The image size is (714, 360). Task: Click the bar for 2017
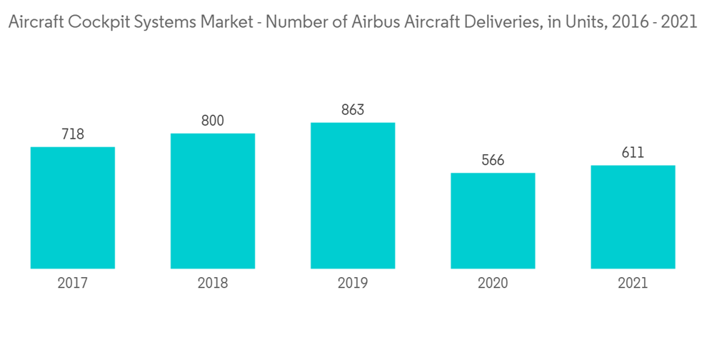coord(73,208)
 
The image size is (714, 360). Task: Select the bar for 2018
coord(213,201)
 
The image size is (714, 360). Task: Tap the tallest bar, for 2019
coord(353,196)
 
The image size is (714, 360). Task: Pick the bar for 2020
coord(493,221)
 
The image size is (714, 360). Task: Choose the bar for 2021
coord(633,217)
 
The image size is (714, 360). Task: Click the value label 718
coord(73,134)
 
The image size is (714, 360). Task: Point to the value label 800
coord(213,121)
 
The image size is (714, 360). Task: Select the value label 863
coord(353,110)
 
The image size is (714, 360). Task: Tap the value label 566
coord(493,160)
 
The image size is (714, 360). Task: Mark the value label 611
coord(633,153)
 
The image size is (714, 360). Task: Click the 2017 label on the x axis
coord(73,284)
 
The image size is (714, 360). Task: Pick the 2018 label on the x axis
coord(213,284)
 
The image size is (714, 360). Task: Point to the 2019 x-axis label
coord(353,284)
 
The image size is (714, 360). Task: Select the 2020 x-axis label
coord(493,284)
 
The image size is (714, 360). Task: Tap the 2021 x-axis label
coord(633,284)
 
